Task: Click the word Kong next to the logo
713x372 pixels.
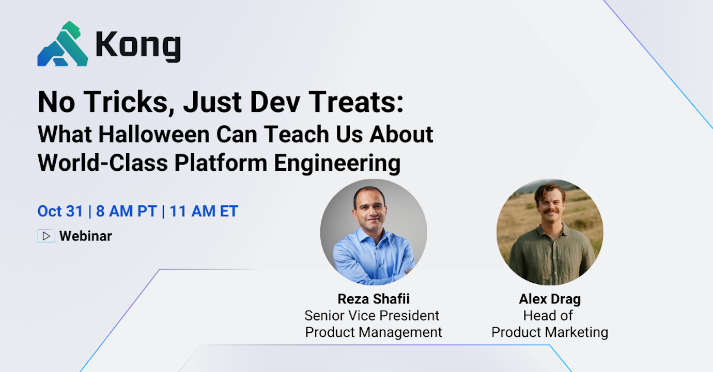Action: (138, 46)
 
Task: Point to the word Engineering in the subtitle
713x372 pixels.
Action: (337, 163)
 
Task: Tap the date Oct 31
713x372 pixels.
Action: (60, 211)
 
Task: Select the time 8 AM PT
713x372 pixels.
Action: (126, 211)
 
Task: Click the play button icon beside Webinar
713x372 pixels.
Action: (46, 236)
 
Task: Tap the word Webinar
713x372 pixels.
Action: (85, 236)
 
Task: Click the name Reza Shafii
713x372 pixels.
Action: (373, 299)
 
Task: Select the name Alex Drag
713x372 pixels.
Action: (550, 299)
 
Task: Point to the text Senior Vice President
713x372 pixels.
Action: (372, 315)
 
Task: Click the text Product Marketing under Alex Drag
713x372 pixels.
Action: (550, 332)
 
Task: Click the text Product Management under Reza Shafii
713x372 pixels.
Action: (373, 332)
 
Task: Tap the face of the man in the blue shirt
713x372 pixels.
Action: (370, 209)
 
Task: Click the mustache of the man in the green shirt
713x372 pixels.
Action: (550, 212)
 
